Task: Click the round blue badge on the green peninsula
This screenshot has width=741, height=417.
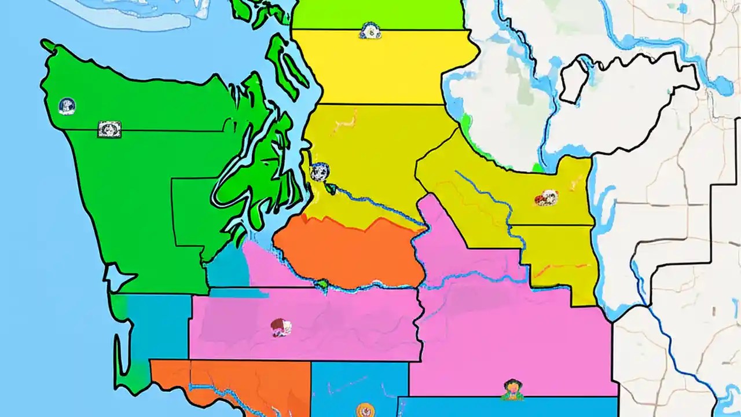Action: tap(67, 106)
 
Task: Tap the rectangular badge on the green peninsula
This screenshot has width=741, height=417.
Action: tap(109, 129)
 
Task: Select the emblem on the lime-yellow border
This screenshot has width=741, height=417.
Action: tap(369, 31)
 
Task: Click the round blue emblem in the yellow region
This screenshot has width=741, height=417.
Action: tap(319, 171)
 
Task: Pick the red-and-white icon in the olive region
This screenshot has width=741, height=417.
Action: tap(546, 198)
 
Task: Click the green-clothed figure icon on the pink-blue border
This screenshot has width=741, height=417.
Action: tap(512, 389)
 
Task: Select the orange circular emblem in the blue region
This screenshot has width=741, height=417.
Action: tap(364, 409)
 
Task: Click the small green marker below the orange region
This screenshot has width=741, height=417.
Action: tap(322, 284)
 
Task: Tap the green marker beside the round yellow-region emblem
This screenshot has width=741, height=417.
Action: tap(332, 188)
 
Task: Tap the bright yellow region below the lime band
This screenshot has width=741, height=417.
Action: tap(376, 67)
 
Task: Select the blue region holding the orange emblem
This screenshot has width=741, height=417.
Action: tap(359, 382)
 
